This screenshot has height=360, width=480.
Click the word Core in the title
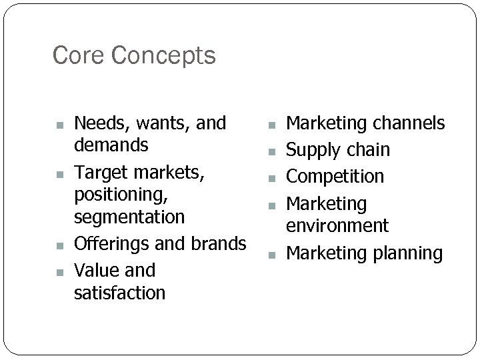point(77,55)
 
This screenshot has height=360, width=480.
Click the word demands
point(111,145)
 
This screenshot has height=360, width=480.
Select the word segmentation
point(129,217)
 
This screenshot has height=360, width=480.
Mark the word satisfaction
point(120,292)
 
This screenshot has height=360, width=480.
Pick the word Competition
point(335,177)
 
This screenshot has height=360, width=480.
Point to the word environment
point(337,225)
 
